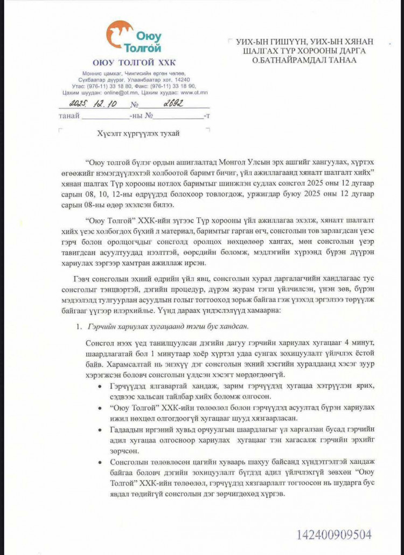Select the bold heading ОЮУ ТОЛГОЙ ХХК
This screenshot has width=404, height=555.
coord(134,63)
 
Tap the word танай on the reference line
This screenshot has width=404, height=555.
coord(69,115)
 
